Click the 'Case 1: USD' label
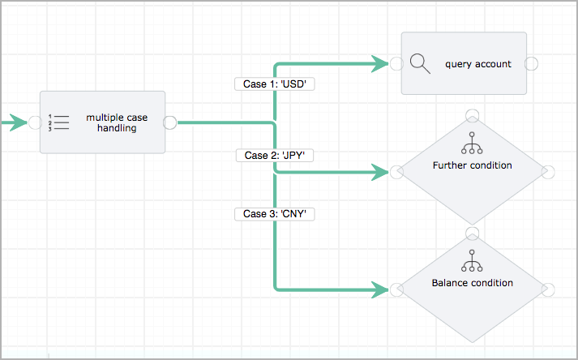coord(275,84)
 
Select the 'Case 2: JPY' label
coord(275,154)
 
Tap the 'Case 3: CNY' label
coord(275,214)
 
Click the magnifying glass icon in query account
coord(420,64)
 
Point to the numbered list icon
coord(59,122)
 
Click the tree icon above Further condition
coord(472,144)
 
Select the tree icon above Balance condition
coord(472,260)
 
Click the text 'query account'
coord(477,64)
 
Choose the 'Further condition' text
coord(472,165)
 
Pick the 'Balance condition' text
coord(472,283)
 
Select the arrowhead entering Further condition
coord(381,172)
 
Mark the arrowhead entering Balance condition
coord(381,289)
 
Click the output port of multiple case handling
coord(170,122)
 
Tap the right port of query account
coord(533,64)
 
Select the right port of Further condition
coord(548,172)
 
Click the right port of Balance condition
coord(548,289)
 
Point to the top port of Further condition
coord(472,114)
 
